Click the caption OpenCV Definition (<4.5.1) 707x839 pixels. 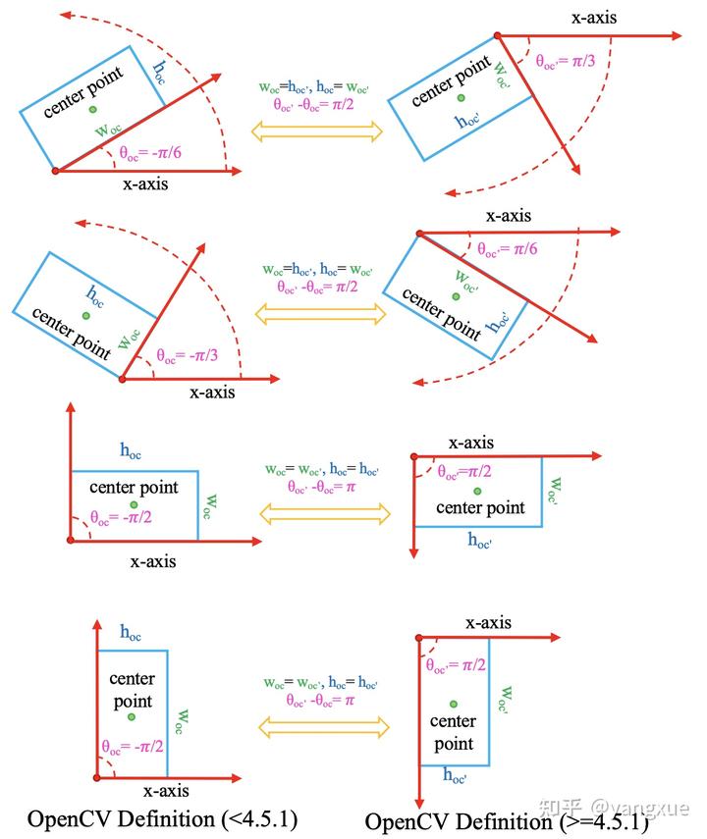tap(163, 817)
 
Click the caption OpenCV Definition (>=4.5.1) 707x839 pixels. tap(507, 820)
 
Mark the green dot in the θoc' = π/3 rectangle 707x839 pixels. tap(461, 98)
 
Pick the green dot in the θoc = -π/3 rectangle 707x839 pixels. tap(86, 315)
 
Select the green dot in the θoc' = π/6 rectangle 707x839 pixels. tap(455, 295)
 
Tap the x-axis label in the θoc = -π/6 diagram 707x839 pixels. tap(151, 184)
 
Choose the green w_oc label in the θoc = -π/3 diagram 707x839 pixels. tap(127, 339)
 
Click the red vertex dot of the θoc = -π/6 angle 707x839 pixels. tap(55, 171)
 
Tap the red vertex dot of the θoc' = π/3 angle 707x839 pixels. tap(498, 36)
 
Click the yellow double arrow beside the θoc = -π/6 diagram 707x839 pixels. tap(317, 131)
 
